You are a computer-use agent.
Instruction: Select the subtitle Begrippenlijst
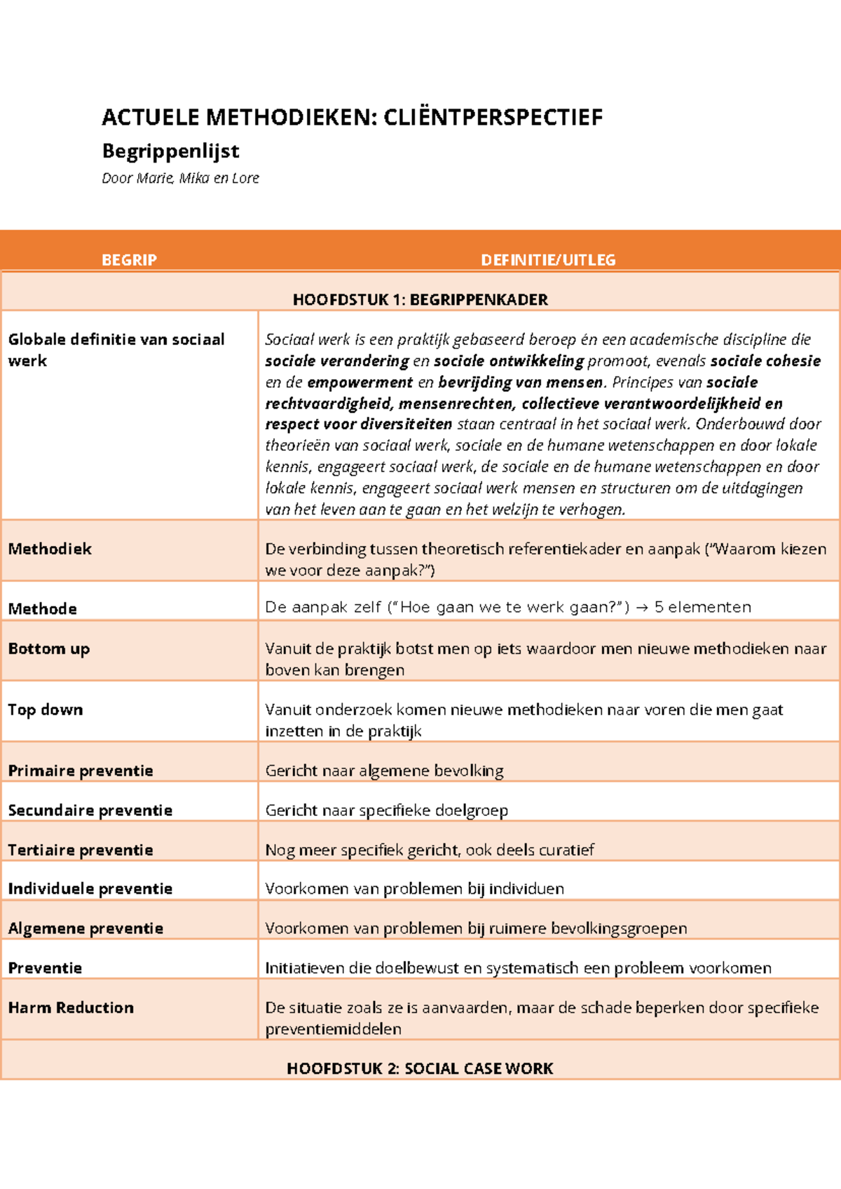coord(170,151)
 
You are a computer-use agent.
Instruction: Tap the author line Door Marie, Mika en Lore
coord(180,178)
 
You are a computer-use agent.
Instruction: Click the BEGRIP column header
coord(129,260)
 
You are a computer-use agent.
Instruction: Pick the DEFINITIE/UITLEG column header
coord(548,260)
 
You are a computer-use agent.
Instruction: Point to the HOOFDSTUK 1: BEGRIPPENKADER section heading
coord(420,300)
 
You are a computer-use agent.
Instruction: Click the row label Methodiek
coord(50,549)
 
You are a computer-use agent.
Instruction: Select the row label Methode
coord(42,609)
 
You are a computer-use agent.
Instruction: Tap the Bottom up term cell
coord(49,648)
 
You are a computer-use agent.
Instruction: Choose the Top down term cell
coord(46,709)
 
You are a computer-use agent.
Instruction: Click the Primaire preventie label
coord(81,770)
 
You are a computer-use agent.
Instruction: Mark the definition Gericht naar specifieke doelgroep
coord(386,810)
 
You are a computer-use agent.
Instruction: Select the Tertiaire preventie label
coord(81,850)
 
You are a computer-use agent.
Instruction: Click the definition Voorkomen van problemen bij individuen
coord(414,889)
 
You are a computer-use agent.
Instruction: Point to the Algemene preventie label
coord(86,928)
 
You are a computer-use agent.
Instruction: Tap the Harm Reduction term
coord(71,1007)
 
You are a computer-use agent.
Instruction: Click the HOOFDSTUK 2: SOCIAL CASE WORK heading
coord(420,1068)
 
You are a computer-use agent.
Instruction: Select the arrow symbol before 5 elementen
coord(641,608)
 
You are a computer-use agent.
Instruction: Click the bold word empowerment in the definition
coord(360,382)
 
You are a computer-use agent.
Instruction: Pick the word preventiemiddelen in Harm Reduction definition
coord(333,1029)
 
